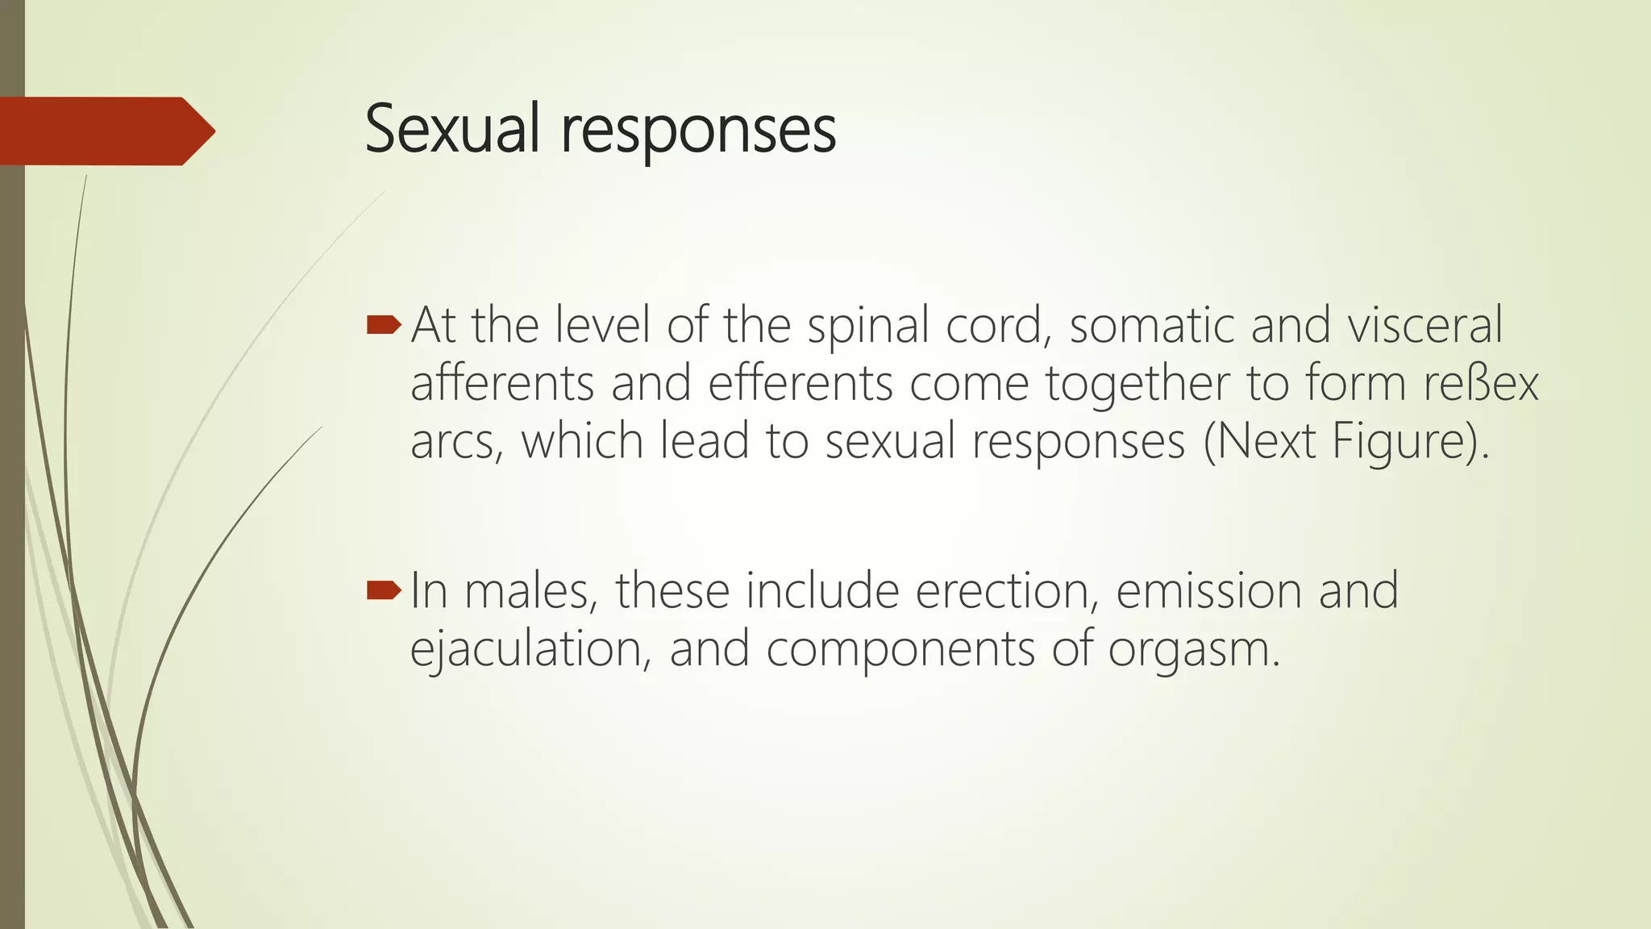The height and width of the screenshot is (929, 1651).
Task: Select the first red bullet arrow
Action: [383, 325]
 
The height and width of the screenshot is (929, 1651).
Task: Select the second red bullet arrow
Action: [383, 591]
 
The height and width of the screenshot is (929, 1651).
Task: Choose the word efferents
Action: [801, 383]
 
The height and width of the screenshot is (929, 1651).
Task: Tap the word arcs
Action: [456, 442]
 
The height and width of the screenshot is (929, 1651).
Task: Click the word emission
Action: [1208, 591]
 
